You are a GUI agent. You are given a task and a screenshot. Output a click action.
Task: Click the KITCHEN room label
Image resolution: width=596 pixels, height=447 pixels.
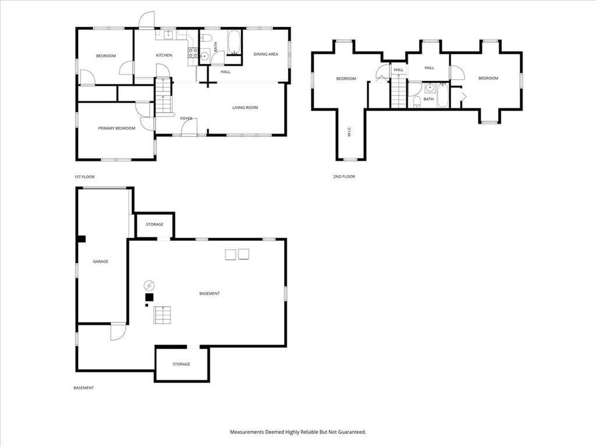[x=164, y=55]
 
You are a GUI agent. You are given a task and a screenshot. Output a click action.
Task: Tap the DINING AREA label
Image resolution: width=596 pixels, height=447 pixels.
[x=265, y=54]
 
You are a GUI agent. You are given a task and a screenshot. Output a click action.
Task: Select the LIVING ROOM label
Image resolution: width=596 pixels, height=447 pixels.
[x=245, y=108]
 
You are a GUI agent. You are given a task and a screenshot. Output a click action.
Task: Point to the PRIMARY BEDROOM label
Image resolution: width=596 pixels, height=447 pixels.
[x=116, y=129]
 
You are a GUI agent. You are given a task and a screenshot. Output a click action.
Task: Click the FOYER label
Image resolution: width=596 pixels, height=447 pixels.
[x=186, y=119]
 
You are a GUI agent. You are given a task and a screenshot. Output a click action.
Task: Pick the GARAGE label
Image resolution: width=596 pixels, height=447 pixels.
[x=100, y=261]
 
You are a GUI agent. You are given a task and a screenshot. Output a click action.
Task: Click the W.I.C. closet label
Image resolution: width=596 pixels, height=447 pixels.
[x=349, y=132]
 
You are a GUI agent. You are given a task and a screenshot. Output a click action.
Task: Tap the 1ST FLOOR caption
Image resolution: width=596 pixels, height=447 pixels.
[x=84, y=177]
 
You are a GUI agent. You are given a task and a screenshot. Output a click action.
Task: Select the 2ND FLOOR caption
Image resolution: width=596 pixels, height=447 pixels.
[x=344, y=176]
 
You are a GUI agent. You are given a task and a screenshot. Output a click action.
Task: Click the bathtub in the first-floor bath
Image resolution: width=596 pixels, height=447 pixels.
[x=234, y=42]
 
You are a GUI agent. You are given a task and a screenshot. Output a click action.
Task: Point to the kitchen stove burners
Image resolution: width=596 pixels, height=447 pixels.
[x=193, y=52]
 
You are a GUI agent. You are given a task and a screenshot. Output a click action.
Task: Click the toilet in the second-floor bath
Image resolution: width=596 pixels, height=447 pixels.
[x=417, y=101]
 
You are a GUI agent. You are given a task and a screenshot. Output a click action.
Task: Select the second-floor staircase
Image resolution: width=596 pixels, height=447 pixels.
[x=399, y=91]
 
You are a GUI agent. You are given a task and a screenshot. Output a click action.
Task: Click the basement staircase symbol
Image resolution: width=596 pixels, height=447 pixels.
[x=162, y=315]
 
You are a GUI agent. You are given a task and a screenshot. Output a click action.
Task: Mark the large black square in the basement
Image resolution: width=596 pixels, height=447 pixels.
[x=150, y=297]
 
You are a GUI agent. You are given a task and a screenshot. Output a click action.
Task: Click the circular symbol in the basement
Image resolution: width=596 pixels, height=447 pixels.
[x=150, y=285]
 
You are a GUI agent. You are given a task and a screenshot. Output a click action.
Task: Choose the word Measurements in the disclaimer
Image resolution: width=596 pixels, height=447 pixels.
[x=247, y=432]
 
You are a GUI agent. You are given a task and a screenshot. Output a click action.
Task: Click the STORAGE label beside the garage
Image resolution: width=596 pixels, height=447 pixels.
[x=155, y=225]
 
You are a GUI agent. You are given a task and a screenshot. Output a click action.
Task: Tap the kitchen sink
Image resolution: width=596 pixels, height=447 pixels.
[x=169, y=36]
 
